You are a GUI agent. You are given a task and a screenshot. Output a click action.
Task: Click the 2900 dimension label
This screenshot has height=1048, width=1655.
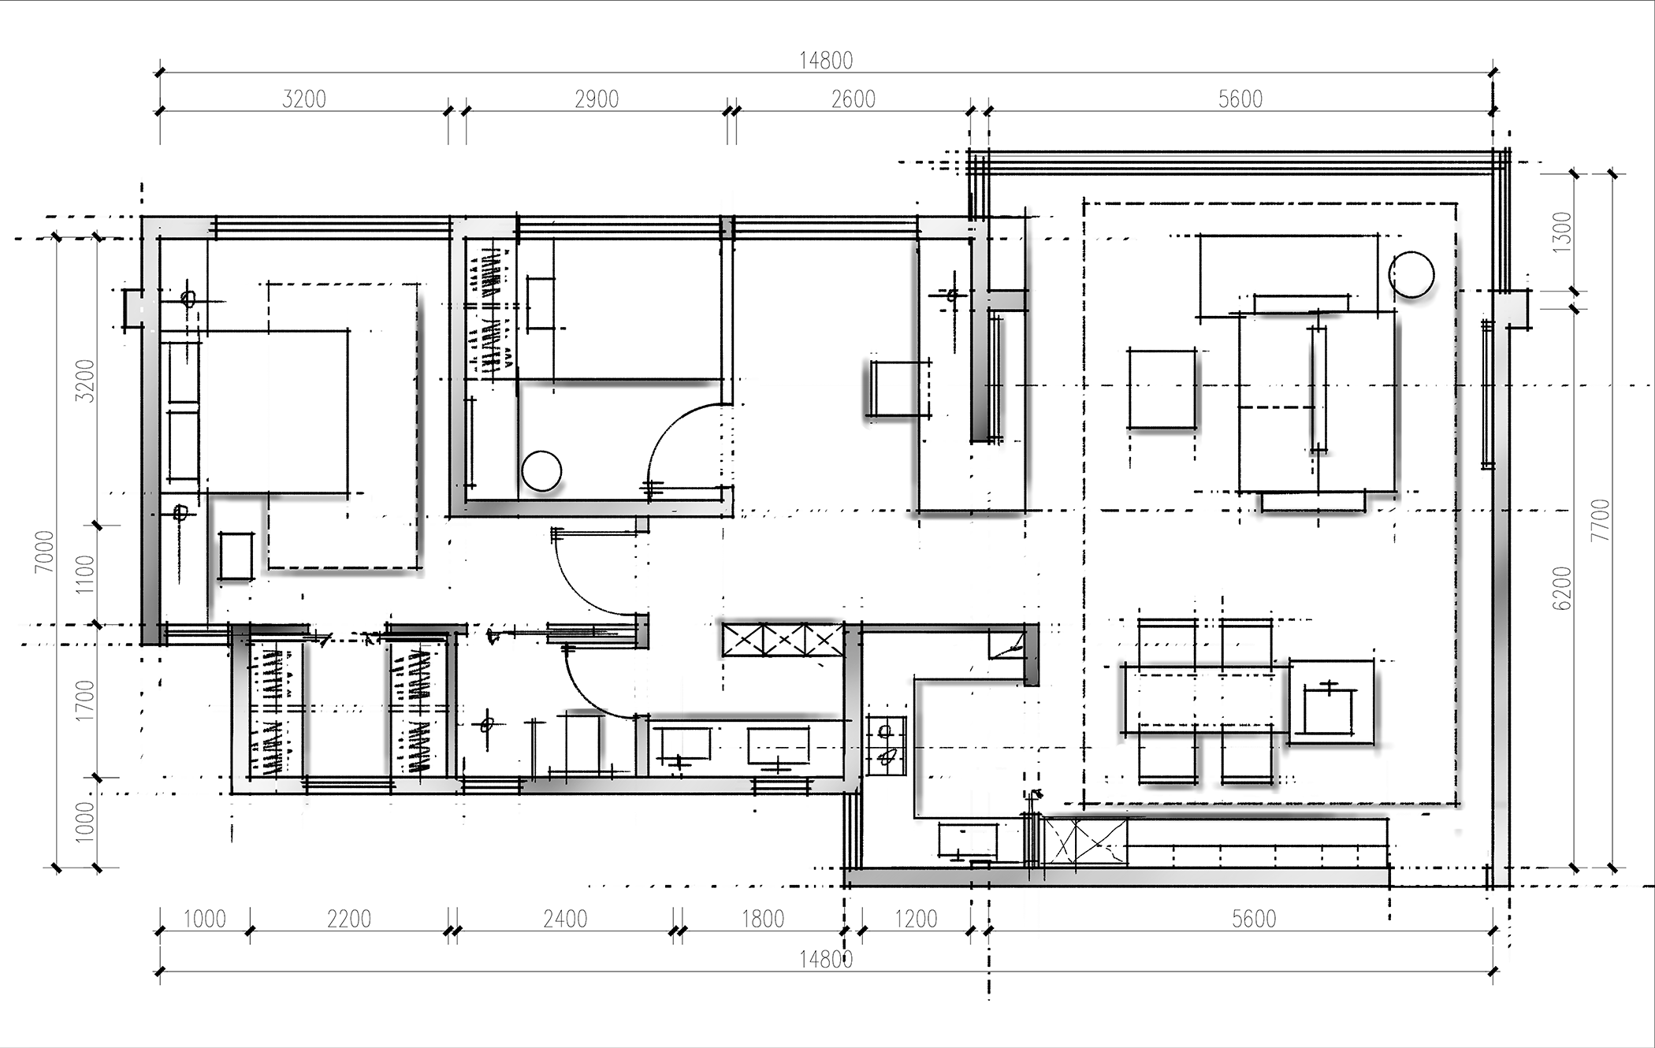coord(597,99)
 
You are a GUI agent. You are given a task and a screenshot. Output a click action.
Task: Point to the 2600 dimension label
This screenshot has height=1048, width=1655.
coord(854,99)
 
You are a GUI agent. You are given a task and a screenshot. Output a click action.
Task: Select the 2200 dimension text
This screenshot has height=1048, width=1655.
coord(348,919)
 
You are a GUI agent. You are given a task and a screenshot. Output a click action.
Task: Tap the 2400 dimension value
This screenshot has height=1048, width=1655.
coord(565,919)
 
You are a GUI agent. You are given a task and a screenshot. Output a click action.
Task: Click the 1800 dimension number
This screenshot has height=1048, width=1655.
coord(763,919)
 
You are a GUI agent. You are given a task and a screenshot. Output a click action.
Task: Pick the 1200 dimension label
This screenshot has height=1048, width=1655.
coord(916,919)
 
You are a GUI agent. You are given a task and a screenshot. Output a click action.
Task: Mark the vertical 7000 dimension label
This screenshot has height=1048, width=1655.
coord(45,552)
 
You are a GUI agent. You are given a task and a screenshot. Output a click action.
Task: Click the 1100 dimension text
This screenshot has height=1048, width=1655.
coord(84,575)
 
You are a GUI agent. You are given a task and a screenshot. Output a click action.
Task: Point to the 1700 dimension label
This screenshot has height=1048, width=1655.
coord(84,701)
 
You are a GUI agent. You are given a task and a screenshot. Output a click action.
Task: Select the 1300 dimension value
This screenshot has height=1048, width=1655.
coord(1561,232)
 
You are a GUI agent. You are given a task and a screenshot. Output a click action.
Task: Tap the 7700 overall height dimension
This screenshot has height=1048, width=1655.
coord(1601,520)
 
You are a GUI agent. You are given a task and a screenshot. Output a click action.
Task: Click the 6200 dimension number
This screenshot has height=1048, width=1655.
coord(1561,588)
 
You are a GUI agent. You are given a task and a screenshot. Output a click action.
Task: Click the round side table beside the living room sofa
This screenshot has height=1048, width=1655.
coord(1411,274)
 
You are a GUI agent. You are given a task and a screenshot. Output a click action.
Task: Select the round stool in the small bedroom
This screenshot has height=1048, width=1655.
coord(541,471)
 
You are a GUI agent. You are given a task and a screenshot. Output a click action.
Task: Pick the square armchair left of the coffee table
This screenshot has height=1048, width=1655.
coord(1162,389)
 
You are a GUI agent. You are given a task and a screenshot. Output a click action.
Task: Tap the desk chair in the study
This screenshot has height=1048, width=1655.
coord(898,388)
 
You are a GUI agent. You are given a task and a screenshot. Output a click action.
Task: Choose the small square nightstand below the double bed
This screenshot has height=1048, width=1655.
coord(235,556)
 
